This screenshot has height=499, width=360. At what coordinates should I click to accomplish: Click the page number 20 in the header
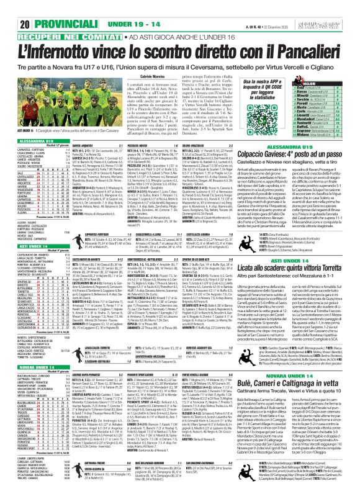10,7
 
